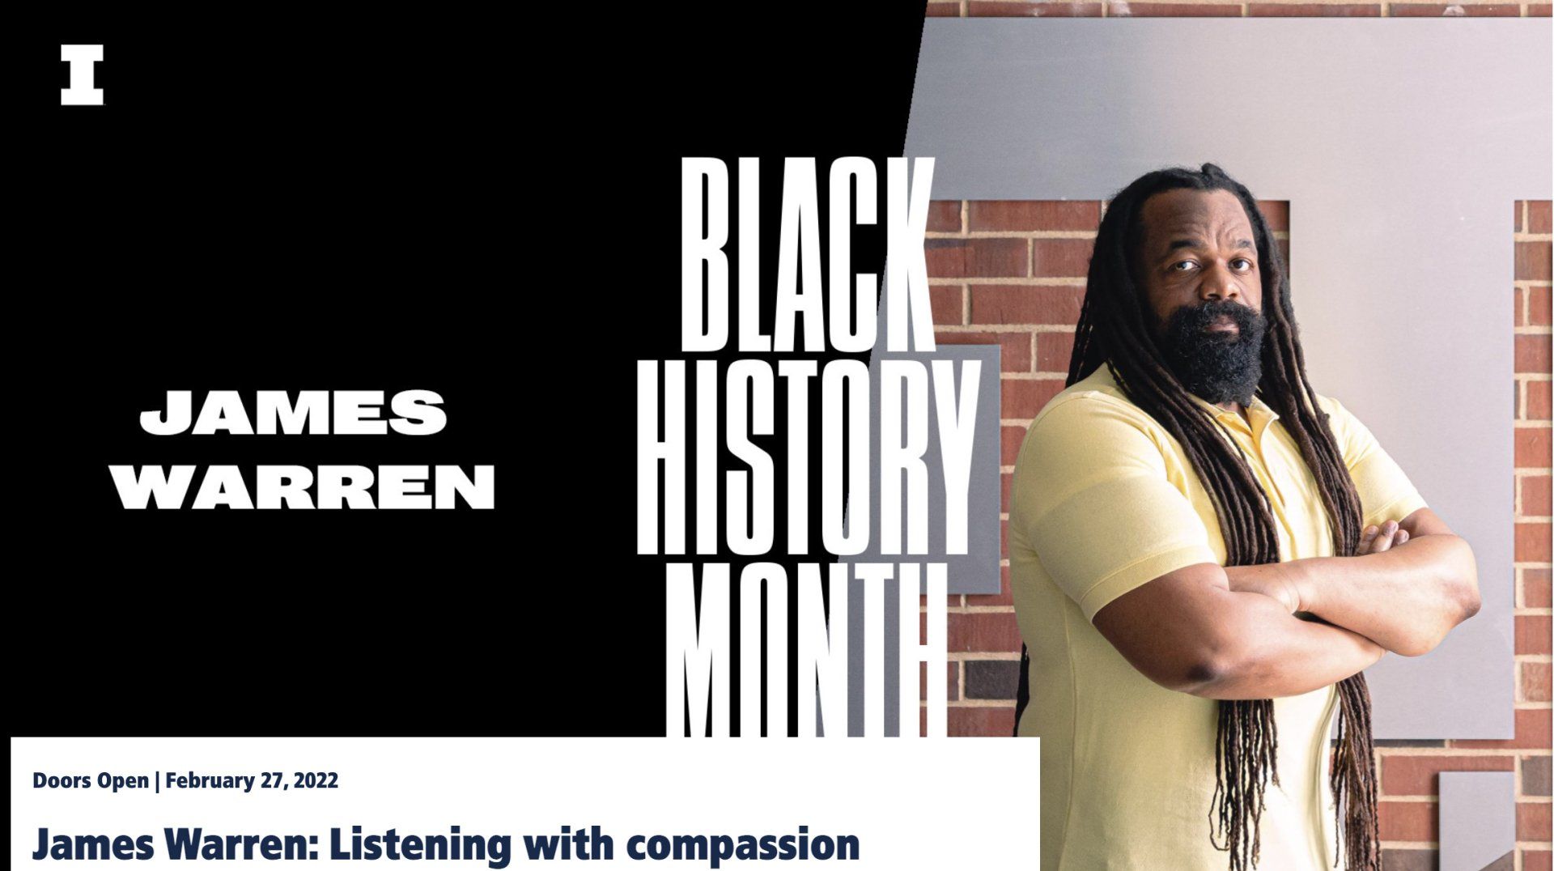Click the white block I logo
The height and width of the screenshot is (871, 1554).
[x=83, y=75]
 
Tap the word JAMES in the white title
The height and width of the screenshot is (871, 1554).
[x=294, y=411]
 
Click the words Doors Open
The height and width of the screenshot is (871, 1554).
[x=91, y=781]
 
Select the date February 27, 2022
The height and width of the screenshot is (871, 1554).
[x=252, y=781]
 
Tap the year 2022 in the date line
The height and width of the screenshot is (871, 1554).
[x=316, y=781]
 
